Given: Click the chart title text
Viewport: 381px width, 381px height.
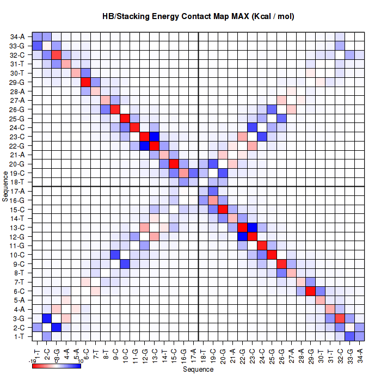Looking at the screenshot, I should tap(198, 16).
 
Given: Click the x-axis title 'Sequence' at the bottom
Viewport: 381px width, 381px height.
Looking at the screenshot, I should tap(198, 370).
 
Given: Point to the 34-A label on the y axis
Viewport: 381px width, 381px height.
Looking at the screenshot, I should tap(17, 36).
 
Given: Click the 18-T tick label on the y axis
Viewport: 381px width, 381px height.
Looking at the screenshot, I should tap(17, 181).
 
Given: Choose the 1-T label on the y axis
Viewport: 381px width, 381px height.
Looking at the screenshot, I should tap(17, 336).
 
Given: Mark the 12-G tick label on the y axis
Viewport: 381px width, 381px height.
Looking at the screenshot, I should tap(17, 236).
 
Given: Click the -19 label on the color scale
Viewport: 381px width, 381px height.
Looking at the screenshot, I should tap(33, 360).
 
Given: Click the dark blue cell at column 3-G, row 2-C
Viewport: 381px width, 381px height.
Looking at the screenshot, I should tap(57, 328).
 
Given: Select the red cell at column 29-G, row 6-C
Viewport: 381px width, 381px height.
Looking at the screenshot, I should tap(309, 291).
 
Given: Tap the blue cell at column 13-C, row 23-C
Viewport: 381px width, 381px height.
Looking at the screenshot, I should tap(154, 137).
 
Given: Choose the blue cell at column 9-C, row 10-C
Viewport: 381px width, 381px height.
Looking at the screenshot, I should tap(115, 255).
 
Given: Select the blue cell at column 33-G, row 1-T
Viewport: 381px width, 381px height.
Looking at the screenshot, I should tap(348, 336).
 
